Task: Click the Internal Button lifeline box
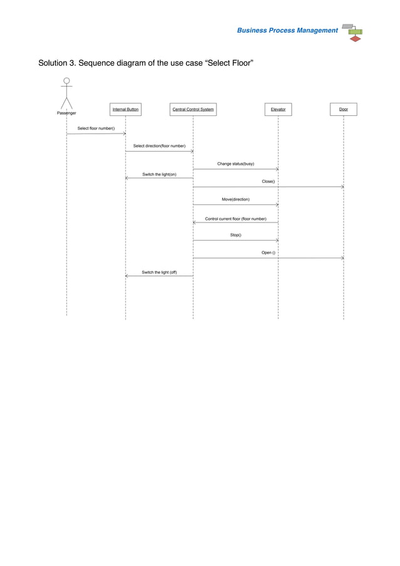click(x=125, y=110)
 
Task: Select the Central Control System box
click(x=193, y=110)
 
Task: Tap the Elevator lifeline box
click(x=278, y=110)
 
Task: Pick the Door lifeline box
click(x=344, y=110)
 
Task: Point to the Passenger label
click(x=66, y=113)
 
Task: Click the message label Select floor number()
click(x=96, y=128)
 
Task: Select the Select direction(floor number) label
click(x=159, y=146)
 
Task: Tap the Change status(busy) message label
click(x=236, y=164)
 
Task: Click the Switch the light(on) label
click(x=159, y=174)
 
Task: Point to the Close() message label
click(x=268, y=181)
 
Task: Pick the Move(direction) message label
click(x=236, y=199)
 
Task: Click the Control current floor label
click(x=236, y=219)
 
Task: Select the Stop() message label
click(x=236, y=235)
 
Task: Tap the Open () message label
click(x=268, y=253)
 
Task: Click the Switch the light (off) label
click(x=159, y=273)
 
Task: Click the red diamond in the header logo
click(x=355, y=38)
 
